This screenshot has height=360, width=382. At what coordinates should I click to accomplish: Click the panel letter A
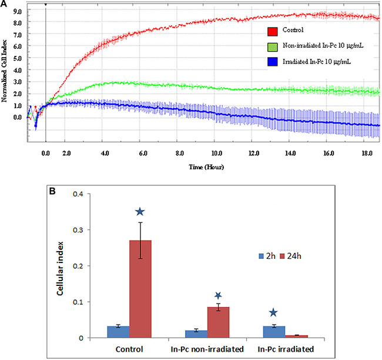tap(4, 5)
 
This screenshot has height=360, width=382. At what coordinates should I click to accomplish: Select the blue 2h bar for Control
tap(118, 332)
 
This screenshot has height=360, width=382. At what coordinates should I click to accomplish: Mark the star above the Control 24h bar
tap(139, 212)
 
